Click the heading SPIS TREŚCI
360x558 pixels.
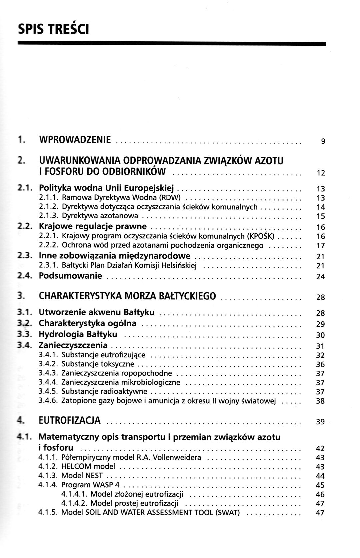(53, 29)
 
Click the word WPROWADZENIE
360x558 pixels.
(75, 140)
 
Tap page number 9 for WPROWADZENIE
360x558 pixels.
(323, 141)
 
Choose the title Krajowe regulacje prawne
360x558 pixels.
(93, 227)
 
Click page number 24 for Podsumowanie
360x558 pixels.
(320, 277)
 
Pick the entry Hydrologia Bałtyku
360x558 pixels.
(78, 334)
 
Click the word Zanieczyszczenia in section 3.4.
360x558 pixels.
(73, 345)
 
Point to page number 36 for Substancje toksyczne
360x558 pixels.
(320, 365)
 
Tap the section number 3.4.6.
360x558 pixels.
(49, 401)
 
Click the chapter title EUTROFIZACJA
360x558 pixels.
(70, 420)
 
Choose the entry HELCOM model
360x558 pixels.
(88, 466)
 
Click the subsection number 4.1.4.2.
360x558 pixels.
(75, 503)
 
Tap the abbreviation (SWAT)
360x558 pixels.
(229, 512)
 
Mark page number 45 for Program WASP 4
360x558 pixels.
(320, 485)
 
